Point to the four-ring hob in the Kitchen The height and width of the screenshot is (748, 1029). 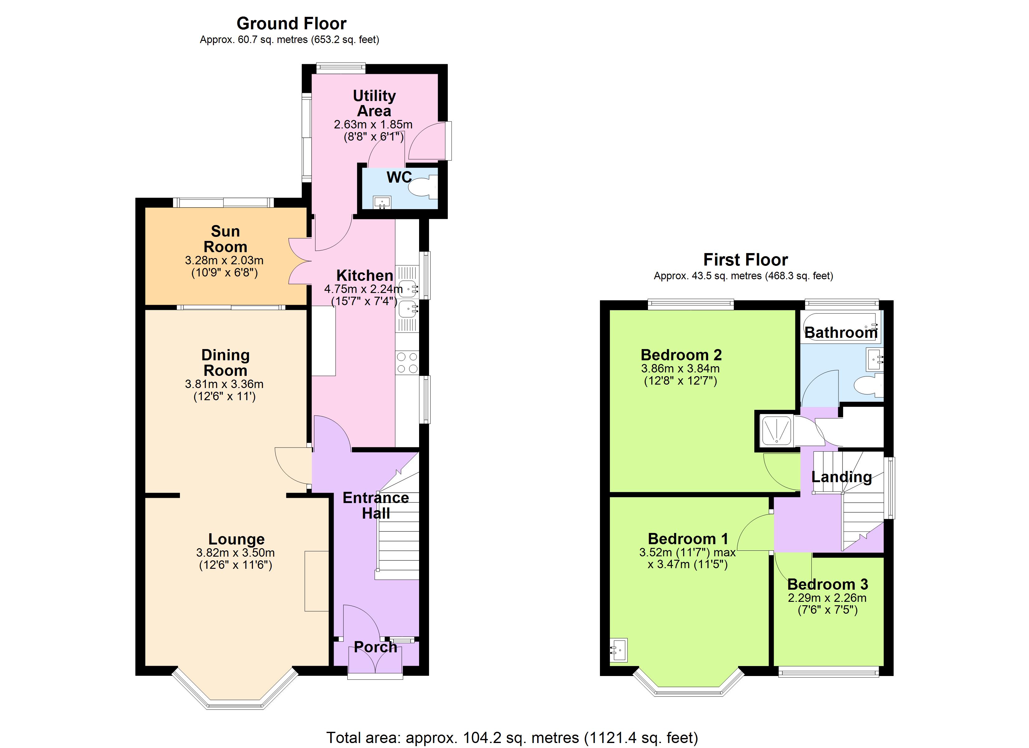pyautogui.click(x=407, y=363)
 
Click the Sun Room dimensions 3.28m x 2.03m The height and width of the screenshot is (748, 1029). pyautogui.click(x=224, y=260)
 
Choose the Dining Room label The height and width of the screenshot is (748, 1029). pyautogui.click(x=225, y=362)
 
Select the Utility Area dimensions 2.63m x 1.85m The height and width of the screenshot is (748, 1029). pyautogui.click(x=373, y=124)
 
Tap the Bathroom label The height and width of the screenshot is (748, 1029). pyautogui.click(x=841, y=333)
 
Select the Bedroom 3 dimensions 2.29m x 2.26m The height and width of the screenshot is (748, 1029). pyautogui.click(x=827, y=598)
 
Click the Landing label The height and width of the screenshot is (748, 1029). pyautogui.click(x=841, y=477)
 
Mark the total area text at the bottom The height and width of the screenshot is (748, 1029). pyautogui.click(x=512, y=738)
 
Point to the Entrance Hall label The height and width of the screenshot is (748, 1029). pyautogui.click(x=376, y=505)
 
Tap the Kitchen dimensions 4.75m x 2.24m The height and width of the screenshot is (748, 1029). pyautogui.click(x=363, y=289)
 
